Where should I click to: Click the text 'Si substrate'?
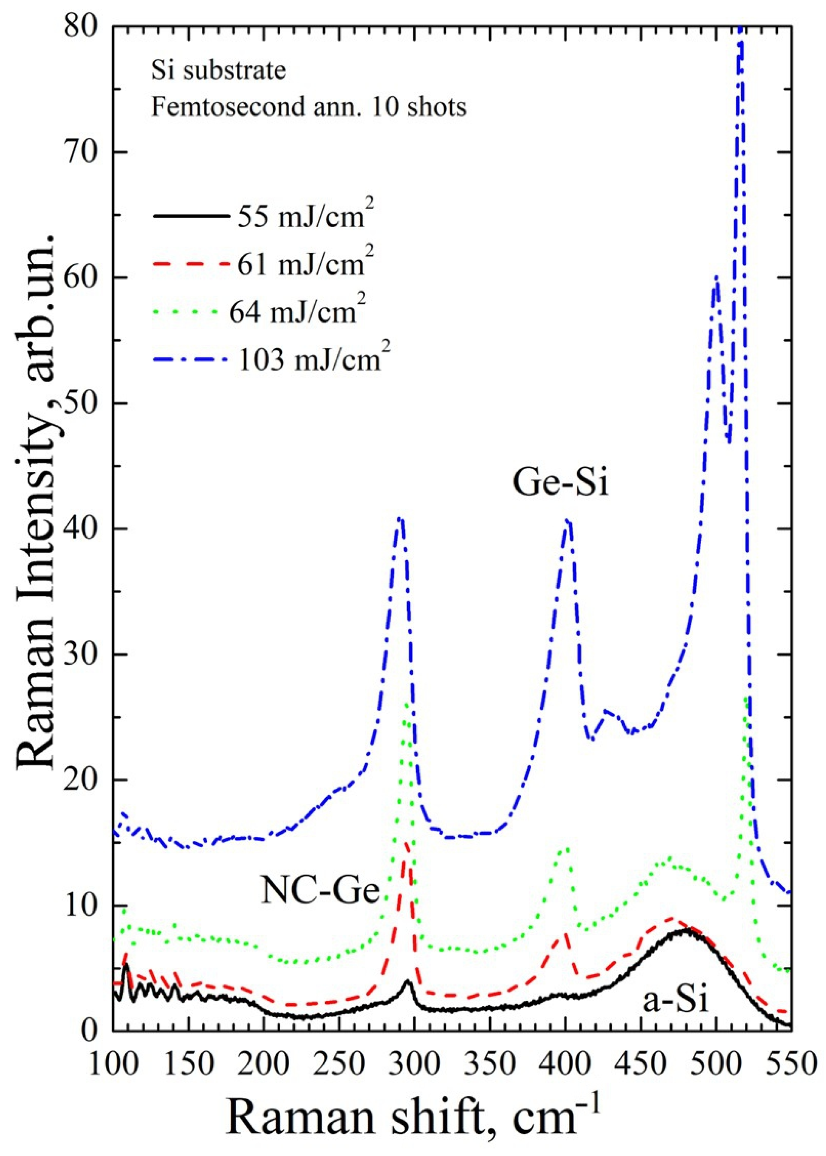[219, 71]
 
